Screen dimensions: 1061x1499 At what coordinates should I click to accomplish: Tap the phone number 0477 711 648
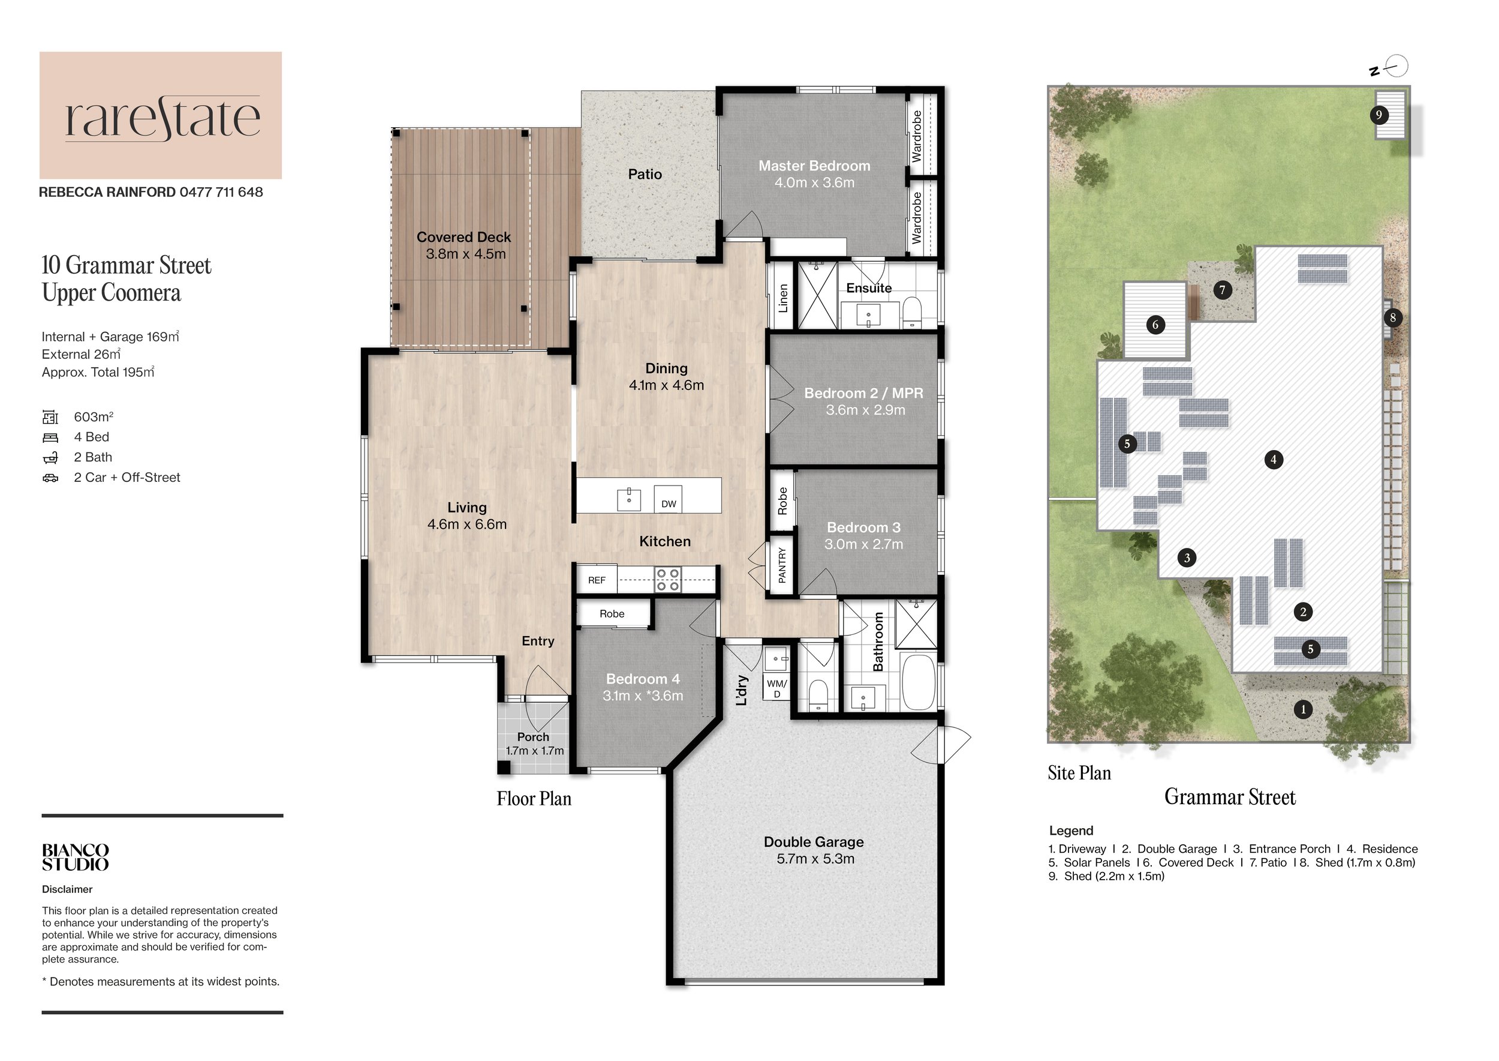coord(221,192)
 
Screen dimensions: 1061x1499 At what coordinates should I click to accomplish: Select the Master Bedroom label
coord(814,166)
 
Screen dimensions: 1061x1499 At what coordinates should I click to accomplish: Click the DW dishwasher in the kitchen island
coord(668,500)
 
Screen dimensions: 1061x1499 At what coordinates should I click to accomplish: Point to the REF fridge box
coord(596,580)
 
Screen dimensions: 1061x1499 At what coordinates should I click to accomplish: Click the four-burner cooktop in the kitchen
coord(668,580)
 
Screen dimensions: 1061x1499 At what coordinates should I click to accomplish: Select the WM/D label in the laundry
coord(776,688)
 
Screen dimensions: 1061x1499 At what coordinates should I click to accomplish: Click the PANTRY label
coord(781,565)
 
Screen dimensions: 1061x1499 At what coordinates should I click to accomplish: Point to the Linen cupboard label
coord(783,298)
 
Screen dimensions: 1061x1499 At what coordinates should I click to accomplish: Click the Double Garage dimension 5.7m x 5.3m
coord(815,859)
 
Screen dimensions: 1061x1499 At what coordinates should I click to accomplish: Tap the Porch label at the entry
coord(533,737)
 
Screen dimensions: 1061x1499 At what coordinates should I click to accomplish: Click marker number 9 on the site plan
coord(1378,115)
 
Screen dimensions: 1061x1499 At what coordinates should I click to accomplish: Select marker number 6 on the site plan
coord(1155,324)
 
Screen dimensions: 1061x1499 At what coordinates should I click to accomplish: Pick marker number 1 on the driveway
coord(1303,709)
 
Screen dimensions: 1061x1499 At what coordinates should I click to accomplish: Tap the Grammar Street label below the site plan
coord(1229,797)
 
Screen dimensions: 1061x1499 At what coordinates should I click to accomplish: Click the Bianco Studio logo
coord(75,857)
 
